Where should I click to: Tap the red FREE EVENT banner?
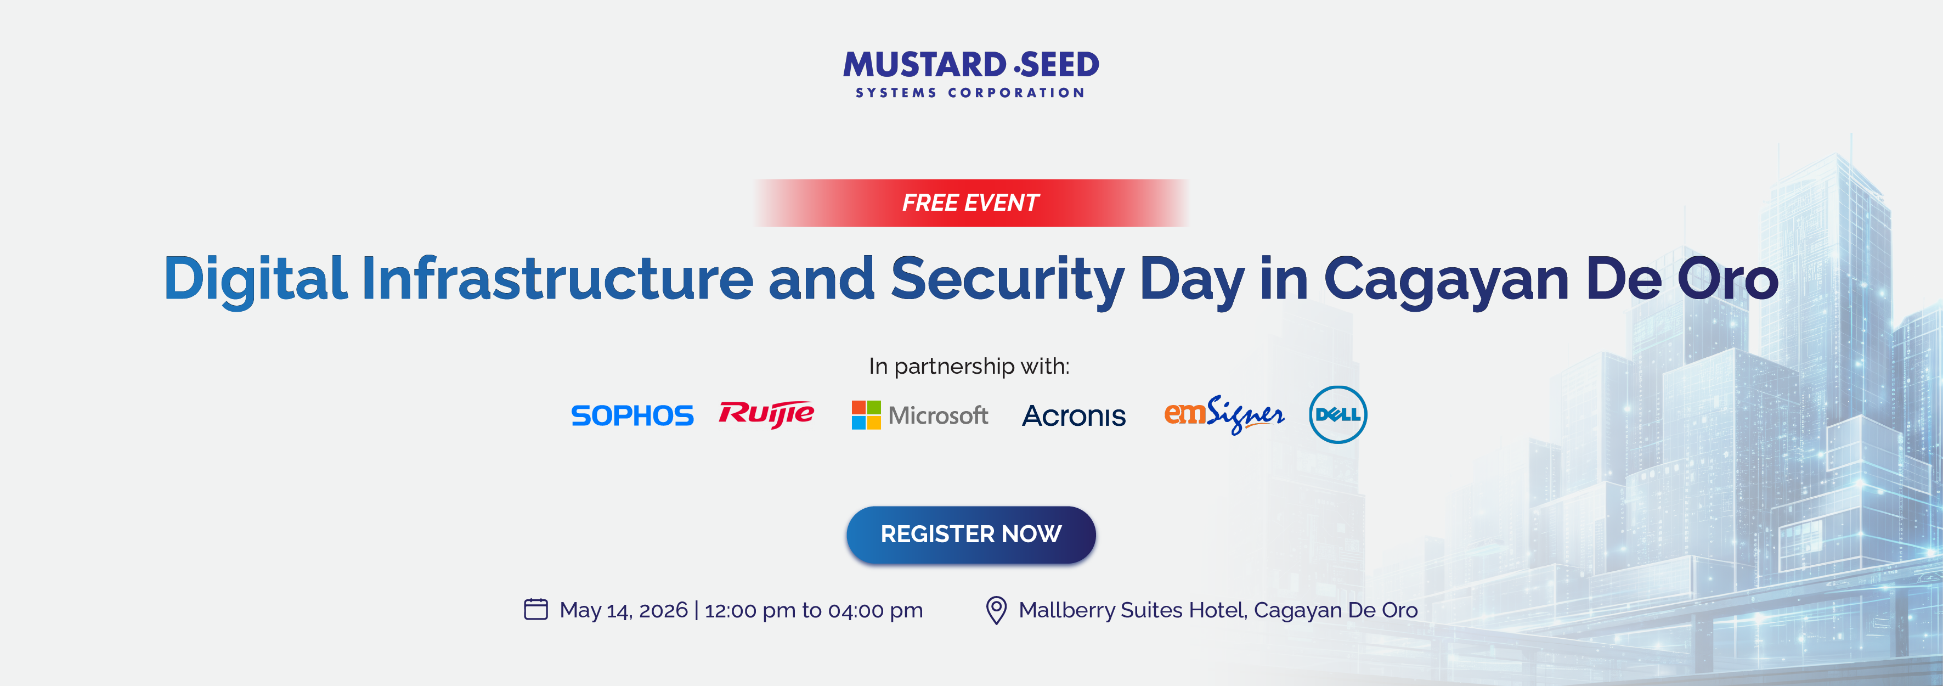pyautogui.click(x=971, y=203)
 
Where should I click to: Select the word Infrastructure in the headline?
pyautogui.click(x=557, y=278)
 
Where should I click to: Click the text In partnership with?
pyautogui.click(x=969, y=367)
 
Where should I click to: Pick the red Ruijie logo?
pyautogui.click(x=766, y=414)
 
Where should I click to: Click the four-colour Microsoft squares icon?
pyautogui.click(x=866, y=415)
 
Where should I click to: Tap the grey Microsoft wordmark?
pyautogui.click(x=937, y=415)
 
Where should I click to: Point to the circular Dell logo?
pyautogui.click(x=1338, y=414)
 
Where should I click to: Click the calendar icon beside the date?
pyautogui.click(x=535, y=609)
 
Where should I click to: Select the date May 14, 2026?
pyautogui.click(x=624, y=610)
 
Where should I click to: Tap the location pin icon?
pyautogui.click(x=996, y=610)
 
